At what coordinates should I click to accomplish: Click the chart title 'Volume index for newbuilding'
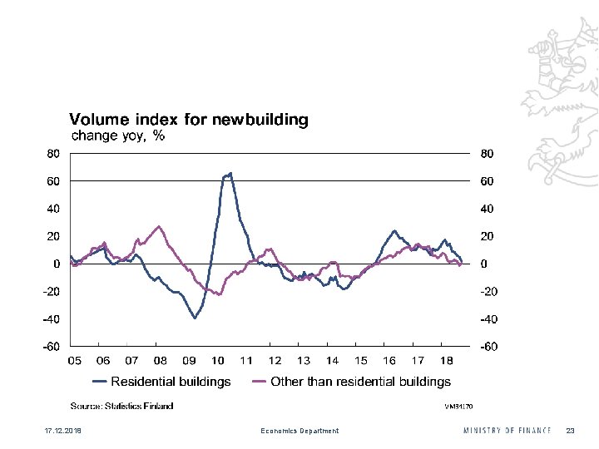pyautogui.click(x=188, y=120)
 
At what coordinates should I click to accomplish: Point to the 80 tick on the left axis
pyautogui.click(x=52, y=153)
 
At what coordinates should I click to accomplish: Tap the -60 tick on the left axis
pyautogui.click(x=51, y=347)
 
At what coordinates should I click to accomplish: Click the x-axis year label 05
pyautogui.click(x=74, y=361)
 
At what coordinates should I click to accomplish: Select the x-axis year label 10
pyautogui.click(x=218, y=361)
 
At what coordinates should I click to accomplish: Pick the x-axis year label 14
pyautogui.click(x=332, y=361)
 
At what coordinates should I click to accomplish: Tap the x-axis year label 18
pyautogui.click(x=446, y=361)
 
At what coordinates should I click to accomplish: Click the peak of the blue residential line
pyautogui.click(x=230, y=173)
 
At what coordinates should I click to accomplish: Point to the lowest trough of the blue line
pyautogui.click(x=195, y=318)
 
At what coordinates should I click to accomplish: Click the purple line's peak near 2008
pyautogui.click(x=159, y=225)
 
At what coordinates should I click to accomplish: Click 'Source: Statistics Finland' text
pyautogui.click(x=121, y=406)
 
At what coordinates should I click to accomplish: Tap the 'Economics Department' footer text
pyautogui.click(x=299, y=431)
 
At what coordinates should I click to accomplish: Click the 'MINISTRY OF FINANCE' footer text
pyautogui.click(x=507, y=431)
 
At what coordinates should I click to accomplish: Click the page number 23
pyautogui.click(x=570, y=431)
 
